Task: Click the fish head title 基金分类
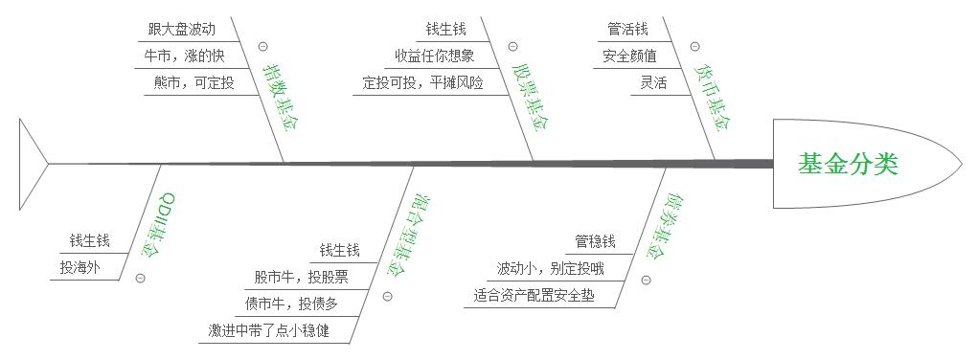pyautogui.click(x=848, y=165)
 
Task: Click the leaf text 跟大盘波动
pyautogui.click(x=182, y=30)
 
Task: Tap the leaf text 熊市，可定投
pyautogui.click(x=193, y=82)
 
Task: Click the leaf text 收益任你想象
pyautogui.click(x=435, y=56)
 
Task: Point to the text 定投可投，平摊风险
pyautogui.click(x=423, y=82)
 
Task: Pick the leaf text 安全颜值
pyautogui.click(x=629, y=56)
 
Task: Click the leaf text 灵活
pyautogui.click(x=654, y=82)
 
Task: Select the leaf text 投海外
pyautogui.click(x=80, y=268)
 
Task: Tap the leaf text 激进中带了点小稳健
pyautogui.click(x=269, y=331)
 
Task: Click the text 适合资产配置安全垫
pyautogui.click(x=534, y=295)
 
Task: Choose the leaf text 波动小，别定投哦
pyautogui.click(x=550, y=268)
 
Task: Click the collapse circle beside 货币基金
pyautogui.click(x=694, y=46)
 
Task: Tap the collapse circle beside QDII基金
pyautogui.click(x=141, y=279)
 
